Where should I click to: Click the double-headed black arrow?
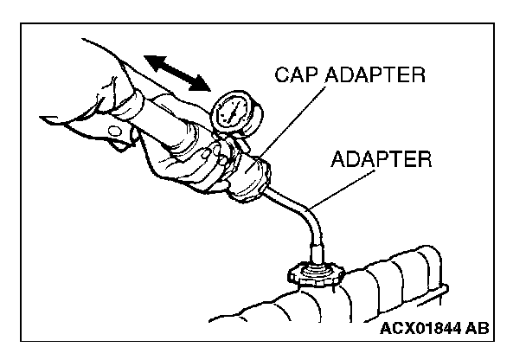coord(177,72)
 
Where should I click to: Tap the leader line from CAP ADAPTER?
coord(285,125)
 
